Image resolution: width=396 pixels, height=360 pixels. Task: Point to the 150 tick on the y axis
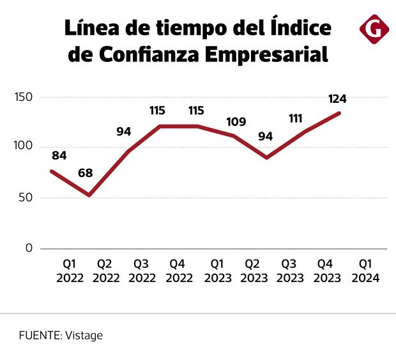tap(24, 97)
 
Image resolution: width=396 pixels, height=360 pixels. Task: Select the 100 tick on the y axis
tap(24, 146)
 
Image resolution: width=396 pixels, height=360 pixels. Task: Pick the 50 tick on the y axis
tap(26, 198)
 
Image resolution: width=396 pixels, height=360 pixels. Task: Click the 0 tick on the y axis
tap(28, 248)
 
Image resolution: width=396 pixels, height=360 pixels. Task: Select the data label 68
tap(87, 173)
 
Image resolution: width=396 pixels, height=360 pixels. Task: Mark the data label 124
tap(337, 99)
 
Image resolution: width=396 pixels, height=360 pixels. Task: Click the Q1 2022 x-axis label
tap(70, 271)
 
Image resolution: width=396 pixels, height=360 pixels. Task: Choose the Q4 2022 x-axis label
tap(179, 271)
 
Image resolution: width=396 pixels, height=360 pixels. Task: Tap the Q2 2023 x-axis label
tap(253, 271)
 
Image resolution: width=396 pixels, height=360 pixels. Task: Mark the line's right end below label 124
tap(339, 113)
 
